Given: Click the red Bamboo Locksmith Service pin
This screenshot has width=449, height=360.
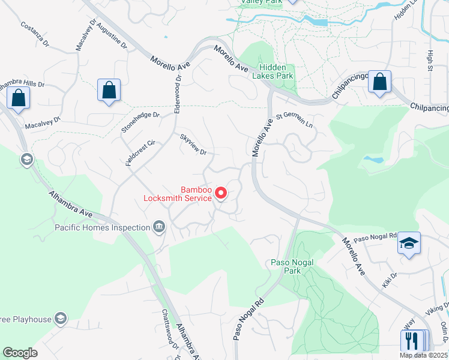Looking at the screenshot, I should [x=221, y=193].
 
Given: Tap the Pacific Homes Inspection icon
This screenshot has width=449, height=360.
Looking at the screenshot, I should [x=159, y=227].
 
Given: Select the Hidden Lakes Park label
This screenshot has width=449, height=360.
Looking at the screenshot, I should [x=276, y=72].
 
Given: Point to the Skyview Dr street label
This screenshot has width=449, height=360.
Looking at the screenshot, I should [x=193, y=144].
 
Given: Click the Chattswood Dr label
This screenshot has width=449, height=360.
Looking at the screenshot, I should [x=170, y=328].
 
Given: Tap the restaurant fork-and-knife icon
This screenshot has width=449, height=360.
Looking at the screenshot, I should [x=411, y=340].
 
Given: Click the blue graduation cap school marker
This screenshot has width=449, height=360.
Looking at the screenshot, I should [x=409, y=243].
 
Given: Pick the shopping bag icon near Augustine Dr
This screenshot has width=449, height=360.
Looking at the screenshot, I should [x=109, y=91].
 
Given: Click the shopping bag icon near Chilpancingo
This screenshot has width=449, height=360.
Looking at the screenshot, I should [x=380, y=82].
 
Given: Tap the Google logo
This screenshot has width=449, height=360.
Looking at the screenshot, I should [x=20, y=353].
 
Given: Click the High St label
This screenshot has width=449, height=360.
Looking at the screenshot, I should [x=430, y=60].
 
